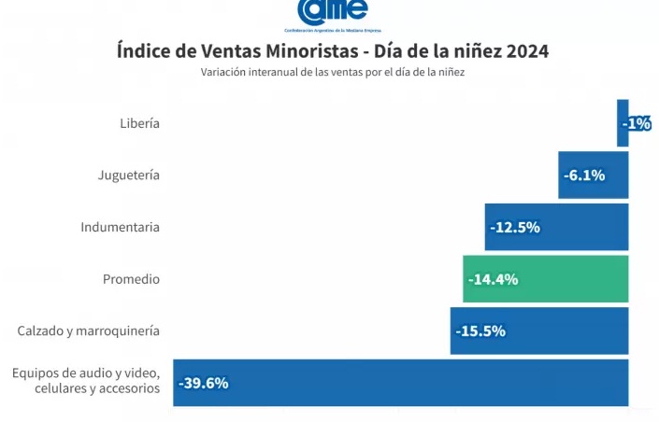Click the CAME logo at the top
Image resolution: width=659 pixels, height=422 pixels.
coord(332,12)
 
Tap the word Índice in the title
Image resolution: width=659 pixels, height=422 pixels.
coord(143,50)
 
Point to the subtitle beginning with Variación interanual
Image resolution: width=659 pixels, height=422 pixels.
coord(333,73)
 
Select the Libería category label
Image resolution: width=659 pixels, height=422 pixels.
coord(139,123)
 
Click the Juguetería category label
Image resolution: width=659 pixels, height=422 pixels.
coord(129,175)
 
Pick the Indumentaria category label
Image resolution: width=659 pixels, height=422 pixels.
coord(120,227)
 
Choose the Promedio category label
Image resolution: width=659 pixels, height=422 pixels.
coord(131,279)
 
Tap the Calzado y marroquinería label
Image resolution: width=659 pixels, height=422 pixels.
coord(89,331)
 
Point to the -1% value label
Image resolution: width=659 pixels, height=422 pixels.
coord(637,123)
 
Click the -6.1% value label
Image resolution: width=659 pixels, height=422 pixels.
coord(584,176)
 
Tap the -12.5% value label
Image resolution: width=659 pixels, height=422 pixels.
coord(514,227)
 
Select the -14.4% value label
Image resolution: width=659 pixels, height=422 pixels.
coord(492,279)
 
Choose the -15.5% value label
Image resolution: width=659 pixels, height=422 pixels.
coord(480,331)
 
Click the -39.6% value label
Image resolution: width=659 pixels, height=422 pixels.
coord(203,383)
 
